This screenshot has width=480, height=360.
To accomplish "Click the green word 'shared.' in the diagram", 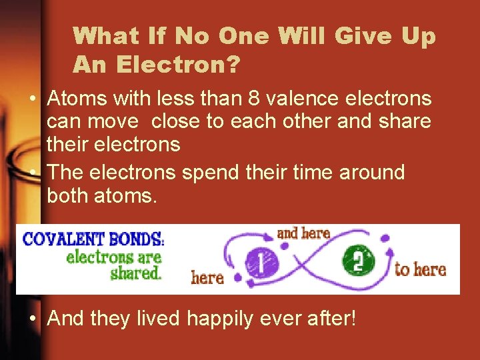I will click(x=137, y=272).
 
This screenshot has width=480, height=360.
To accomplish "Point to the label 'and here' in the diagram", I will click(x=303, y=233).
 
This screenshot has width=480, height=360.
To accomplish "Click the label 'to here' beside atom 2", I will click(x=420, y=269).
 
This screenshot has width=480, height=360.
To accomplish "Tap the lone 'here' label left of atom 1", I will click(x=207, y=277).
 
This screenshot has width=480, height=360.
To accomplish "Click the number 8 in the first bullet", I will click(x=253, y=99).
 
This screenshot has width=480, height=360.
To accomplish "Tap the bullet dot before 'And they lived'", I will click(x=33, y=319).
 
